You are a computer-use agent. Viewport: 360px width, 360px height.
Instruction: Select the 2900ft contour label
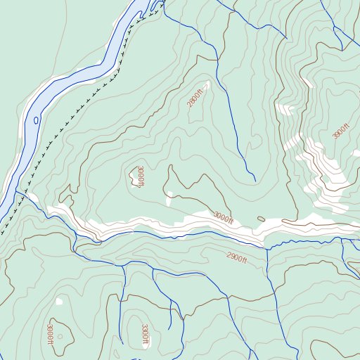point(238,258)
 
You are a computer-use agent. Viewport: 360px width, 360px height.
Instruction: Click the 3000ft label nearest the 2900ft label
point(223,218)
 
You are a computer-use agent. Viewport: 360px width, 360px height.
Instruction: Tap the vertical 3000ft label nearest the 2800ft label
point(141,176)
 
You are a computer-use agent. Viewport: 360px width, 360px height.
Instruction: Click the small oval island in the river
point(36,120)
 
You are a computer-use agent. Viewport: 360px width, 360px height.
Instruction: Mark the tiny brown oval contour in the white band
point(261,219)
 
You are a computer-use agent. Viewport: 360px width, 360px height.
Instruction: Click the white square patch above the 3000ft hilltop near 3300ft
point(59,302)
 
